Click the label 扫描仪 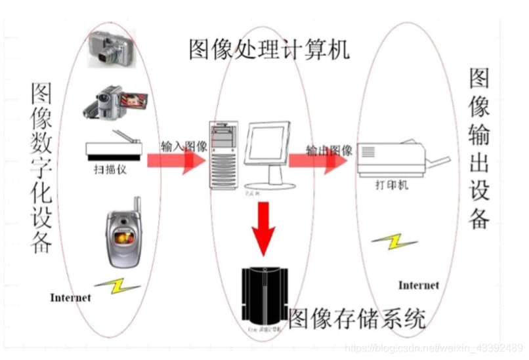point(110,169)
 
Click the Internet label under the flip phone point(70,298)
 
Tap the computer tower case point(222,153)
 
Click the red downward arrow point(264,228)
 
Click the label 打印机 point(394,185)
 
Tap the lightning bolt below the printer point(394,243)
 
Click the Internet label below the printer point(418,285)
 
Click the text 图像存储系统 point(357,319)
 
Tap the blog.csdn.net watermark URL point(433,347)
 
